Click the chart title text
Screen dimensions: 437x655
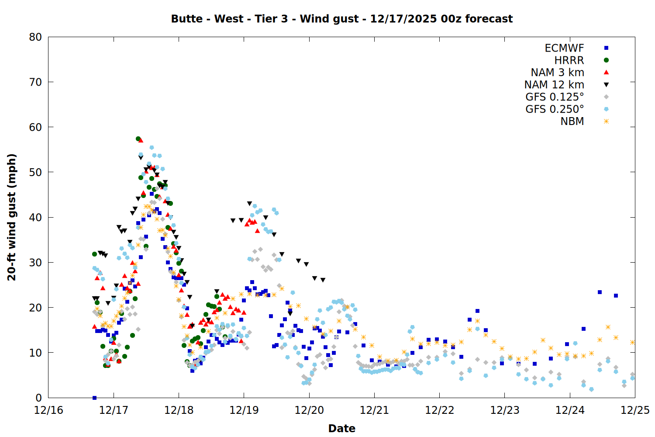(341, 19)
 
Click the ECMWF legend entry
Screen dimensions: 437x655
(564, 48)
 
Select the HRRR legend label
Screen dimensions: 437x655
(569, 60)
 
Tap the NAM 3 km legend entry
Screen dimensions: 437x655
(557, 73)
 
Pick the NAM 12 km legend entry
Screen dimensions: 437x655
(554, 85)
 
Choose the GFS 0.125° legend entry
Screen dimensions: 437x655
(555, 97)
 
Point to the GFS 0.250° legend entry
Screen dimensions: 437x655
(555, 109)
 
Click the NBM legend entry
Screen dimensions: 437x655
(572, 121)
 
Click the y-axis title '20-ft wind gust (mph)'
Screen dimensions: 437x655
(12, 217)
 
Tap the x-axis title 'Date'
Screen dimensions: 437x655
(341, 428)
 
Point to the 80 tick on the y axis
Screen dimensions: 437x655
(35, 37)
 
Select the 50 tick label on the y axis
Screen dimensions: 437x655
(35, 172)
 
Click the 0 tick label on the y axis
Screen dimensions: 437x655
(38, 398)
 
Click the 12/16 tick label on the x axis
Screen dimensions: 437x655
(48, 410)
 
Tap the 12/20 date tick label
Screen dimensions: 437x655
(309, 410)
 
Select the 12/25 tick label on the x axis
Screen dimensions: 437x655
(635, 410)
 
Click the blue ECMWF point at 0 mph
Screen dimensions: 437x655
(94, 398)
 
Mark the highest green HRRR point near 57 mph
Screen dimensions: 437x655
(138, 139)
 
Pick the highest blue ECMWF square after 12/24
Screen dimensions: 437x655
(600, 292)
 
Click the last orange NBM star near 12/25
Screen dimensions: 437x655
(632, 342)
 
